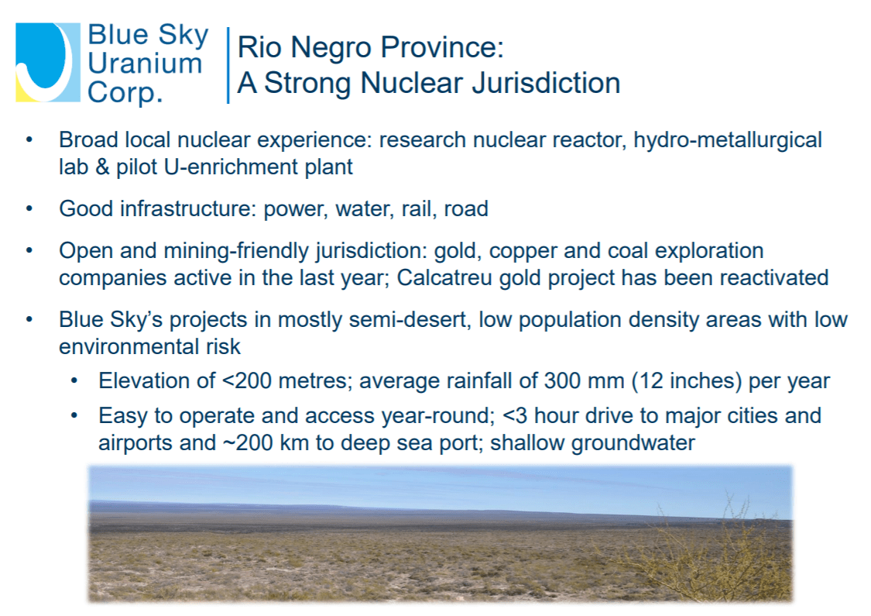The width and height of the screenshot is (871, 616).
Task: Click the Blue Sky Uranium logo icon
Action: [x=48, y=62]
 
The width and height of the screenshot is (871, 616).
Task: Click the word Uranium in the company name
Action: [x=145, y=63]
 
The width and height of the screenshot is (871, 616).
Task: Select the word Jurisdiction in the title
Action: [x=546, y=83]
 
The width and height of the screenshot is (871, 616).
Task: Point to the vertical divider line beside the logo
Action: [x=228, y=65]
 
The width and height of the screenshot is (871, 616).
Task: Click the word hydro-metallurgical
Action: [x=728, y=140]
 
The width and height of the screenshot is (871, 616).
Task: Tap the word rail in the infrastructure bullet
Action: [x=414, y=209]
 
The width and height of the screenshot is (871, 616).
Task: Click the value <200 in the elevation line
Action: [x=247, y=380]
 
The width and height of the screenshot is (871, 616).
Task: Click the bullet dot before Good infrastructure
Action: [x=29, y=209]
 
